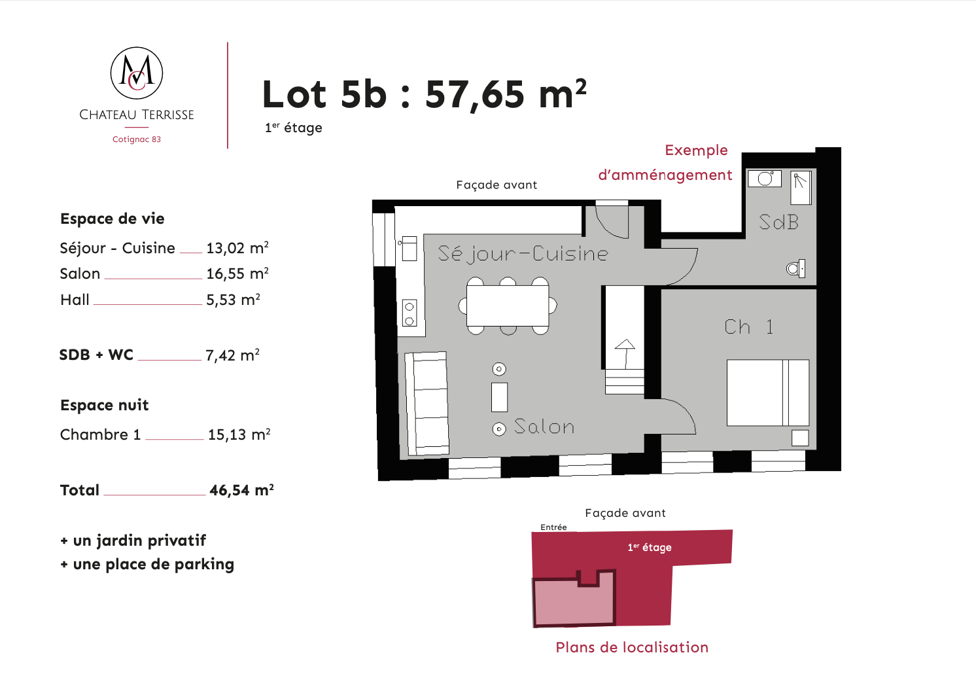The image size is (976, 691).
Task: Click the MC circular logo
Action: click(x=136, y=73)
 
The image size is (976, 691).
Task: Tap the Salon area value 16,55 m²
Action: click(x=237, y=274)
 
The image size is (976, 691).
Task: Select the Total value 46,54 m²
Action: click(x=241, y=490)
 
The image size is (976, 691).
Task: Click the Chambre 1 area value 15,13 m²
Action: click(x=239, y=434)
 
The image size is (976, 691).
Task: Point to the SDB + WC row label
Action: click(x=96, y=355)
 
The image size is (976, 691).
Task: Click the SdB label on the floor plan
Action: click(x=778, y=222)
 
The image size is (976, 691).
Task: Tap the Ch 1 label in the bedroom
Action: click(x=749, y=327)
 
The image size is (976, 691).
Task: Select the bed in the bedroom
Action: click(x=768, y=393)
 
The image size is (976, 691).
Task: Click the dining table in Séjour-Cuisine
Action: click(x=508, y=306)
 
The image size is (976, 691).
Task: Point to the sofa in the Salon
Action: click(x=427, y=404)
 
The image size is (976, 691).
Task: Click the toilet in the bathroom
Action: click(x=795, y=268)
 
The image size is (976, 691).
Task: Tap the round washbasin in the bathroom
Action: click(x=765, y=178)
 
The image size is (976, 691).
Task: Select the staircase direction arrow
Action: click(x=625, y=354)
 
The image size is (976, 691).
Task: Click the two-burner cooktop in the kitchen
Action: click(x=409, y=313)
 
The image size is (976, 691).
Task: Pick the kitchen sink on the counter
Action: click(x=409, y=249)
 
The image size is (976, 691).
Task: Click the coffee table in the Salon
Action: click(x=499, y=397)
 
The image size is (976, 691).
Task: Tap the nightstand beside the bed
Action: click(x=800, y=438)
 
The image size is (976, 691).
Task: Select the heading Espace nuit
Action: click(x=104, y=405)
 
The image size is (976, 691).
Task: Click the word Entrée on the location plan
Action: click(x=553, y=527)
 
